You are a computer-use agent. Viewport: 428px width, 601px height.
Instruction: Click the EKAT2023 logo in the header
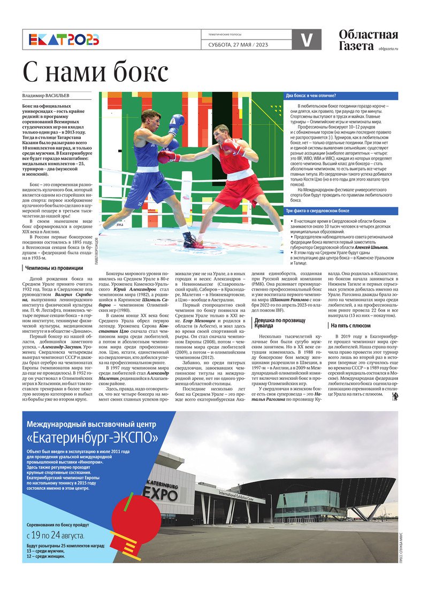tap(64, 40)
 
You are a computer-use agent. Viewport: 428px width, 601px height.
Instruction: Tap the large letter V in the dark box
tap(307, 40)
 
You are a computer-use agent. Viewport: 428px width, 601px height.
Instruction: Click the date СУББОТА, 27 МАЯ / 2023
tap(238, 44)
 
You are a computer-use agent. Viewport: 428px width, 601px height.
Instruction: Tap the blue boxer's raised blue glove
tap(175, 124)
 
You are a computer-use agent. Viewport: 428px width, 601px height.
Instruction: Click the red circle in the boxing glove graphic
tap(129, 508)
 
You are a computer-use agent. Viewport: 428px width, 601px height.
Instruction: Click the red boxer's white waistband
tap(240, 175)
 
